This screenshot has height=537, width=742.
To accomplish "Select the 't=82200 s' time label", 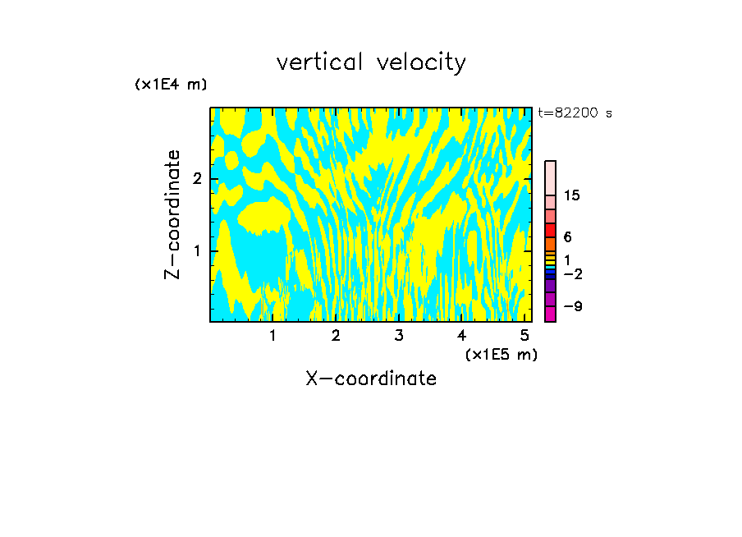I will pyautogui.click(x=575, y=113).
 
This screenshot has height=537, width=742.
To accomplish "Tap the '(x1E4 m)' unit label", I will pyautogui.click(x=171, y=85).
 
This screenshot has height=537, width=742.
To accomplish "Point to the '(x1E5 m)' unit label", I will pyautogui.click(x=501, y=354).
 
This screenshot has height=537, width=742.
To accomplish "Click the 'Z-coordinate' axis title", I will pyautogui.click(x=172, y=214).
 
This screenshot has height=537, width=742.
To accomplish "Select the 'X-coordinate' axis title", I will pyautogui.click(x=371, y=379).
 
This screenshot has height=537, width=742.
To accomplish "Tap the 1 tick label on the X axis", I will pyautogui.click(x=273, y=335).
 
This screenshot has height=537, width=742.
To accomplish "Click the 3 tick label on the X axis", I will pyautogui.click(x=398, y=335).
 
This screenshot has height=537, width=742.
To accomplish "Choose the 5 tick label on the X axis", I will pyautogui.click(x=524, y=335).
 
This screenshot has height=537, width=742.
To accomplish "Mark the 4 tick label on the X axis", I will pyautogui.click(x=461, y=335).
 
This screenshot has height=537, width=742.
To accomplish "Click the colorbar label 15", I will pyautogui.click(x=572, y=195).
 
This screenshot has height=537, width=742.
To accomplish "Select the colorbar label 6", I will pyautogui.click(x=567, y=236).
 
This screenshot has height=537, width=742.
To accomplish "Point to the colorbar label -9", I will pyautogui.click(x=572, y=306).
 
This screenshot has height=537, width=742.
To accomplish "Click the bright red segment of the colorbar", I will pyautogui.click(x=550, y=230).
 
